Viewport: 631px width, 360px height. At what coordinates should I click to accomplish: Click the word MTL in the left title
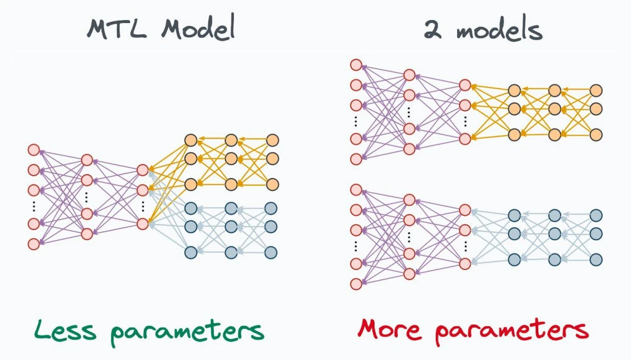(117, 29)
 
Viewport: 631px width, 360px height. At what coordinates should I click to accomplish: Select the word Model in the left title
(198, 28)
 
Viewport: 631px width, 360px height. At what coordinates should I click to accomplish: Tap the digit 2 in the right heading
(433, 29)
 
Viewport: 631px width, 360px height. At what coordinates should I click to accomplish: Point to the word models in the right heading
(499, 29)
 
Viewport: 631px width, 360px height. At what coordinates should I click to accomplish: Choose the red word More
(389, 329)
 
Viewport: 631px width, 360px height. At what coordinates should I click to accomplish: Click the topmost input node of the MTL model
(34, 150)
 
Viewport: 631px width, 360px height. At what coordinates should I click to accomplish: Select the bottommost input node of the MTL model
(34, 243)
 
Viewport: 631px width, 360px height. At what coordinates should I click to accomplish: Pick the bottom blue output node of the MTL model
(271, 253)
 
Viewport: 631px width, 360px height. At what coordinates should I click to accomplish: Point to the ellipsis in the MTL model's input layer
(34, 206)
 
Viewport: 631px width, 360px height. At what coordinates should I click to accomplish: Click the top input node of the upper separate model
(356, 65)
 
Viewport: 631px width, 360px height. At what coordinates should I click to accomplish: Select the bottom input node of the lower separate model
(356, 284)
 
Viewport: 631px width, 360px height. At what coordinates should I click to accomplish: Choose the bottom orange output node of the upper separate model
(596, 134)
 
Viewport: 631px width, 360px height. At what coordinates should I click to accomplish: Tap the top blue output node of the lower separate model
(596, 215)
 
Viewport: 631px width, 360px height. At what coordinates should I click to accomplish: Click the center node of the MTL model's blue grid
(231, 226)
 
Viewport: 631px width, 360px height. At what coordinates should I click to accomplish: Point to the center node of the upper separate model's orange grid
(555, 109)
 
